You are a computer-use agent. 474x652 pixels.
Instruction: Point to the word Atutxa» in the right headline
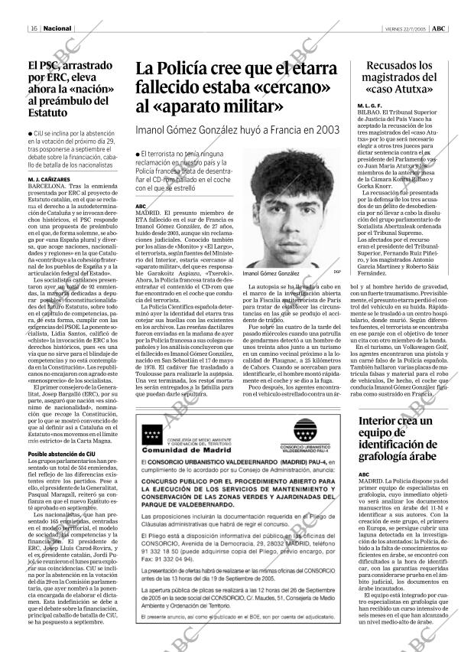coord(424,89)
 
